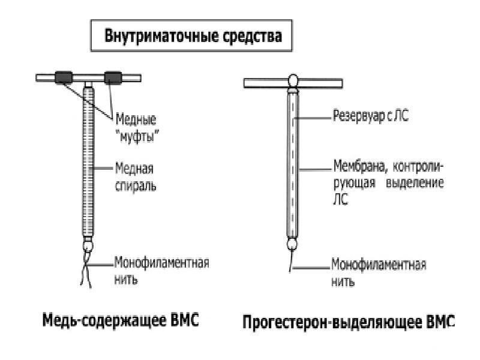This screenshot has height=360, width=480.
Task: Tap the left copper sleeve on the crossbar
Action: [x=64, y=77]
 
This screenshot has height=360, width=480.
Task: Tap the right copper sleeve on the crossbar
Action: [x=112, y=77]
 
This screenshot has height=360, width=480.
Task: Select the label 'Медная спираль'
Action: [x=137, y=178]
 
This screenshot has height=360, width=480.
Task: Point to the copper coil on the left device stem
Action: [x=89, y=162]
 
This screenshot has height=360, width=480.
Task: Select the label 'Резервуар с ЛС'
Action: [x=370, y=116]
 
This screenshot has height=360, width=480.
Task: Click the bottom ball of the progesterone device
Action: [x=293, y=245]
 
